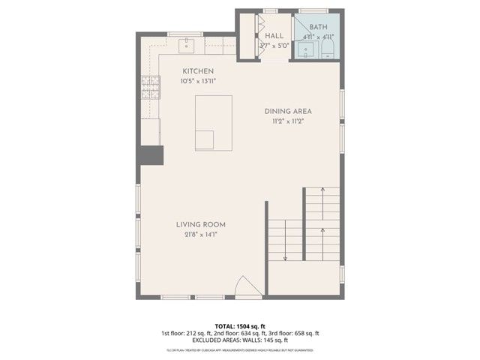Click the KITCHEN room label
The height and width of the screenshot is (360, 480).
point(193,71)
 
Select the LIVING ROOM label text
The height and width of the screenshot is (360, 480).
point(201,224)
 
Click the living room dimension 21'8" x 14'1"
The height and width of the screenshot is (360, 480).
point(201,234)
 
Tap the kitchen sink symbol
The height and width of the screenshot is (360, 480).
point(186,46)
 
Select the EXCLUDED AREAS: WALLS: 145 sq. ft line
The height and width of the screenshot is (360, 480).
point(239,340)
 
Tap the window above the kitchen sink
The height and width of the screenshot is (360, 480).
point(186,34)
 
